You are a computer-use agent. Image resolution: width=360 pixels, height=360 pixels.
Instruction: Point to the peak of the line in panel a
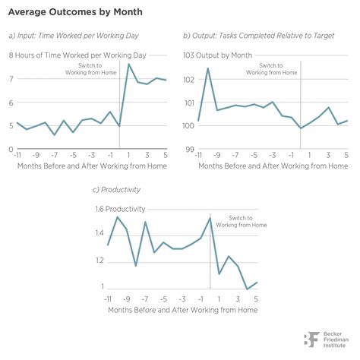tap(129, 64)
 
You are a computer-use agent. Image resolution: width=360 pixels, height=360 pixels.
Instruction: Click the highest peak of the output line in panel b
tap(208, 68)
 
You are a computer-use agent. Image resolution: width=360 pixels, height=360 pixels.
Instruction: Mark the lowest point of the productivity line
tap(248, 289)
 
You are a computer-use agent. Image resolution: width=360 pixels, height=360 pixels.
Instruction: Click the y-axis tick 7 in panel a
tap(11, 79)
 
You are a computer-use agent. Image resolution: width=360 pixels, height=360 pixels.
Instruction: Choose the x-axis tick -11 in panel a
tap(14, 155)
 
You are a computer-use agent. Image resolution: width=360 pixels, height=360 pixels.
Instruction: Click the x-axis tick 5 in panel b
tap(346, 155)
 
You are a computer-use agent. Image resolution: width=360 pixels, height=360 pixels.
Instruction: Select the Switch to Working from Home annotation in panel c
tap(242, 221)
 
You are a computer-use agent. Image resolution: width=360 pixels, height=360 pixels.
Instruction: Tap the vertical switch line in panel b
tap(302, 106)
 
